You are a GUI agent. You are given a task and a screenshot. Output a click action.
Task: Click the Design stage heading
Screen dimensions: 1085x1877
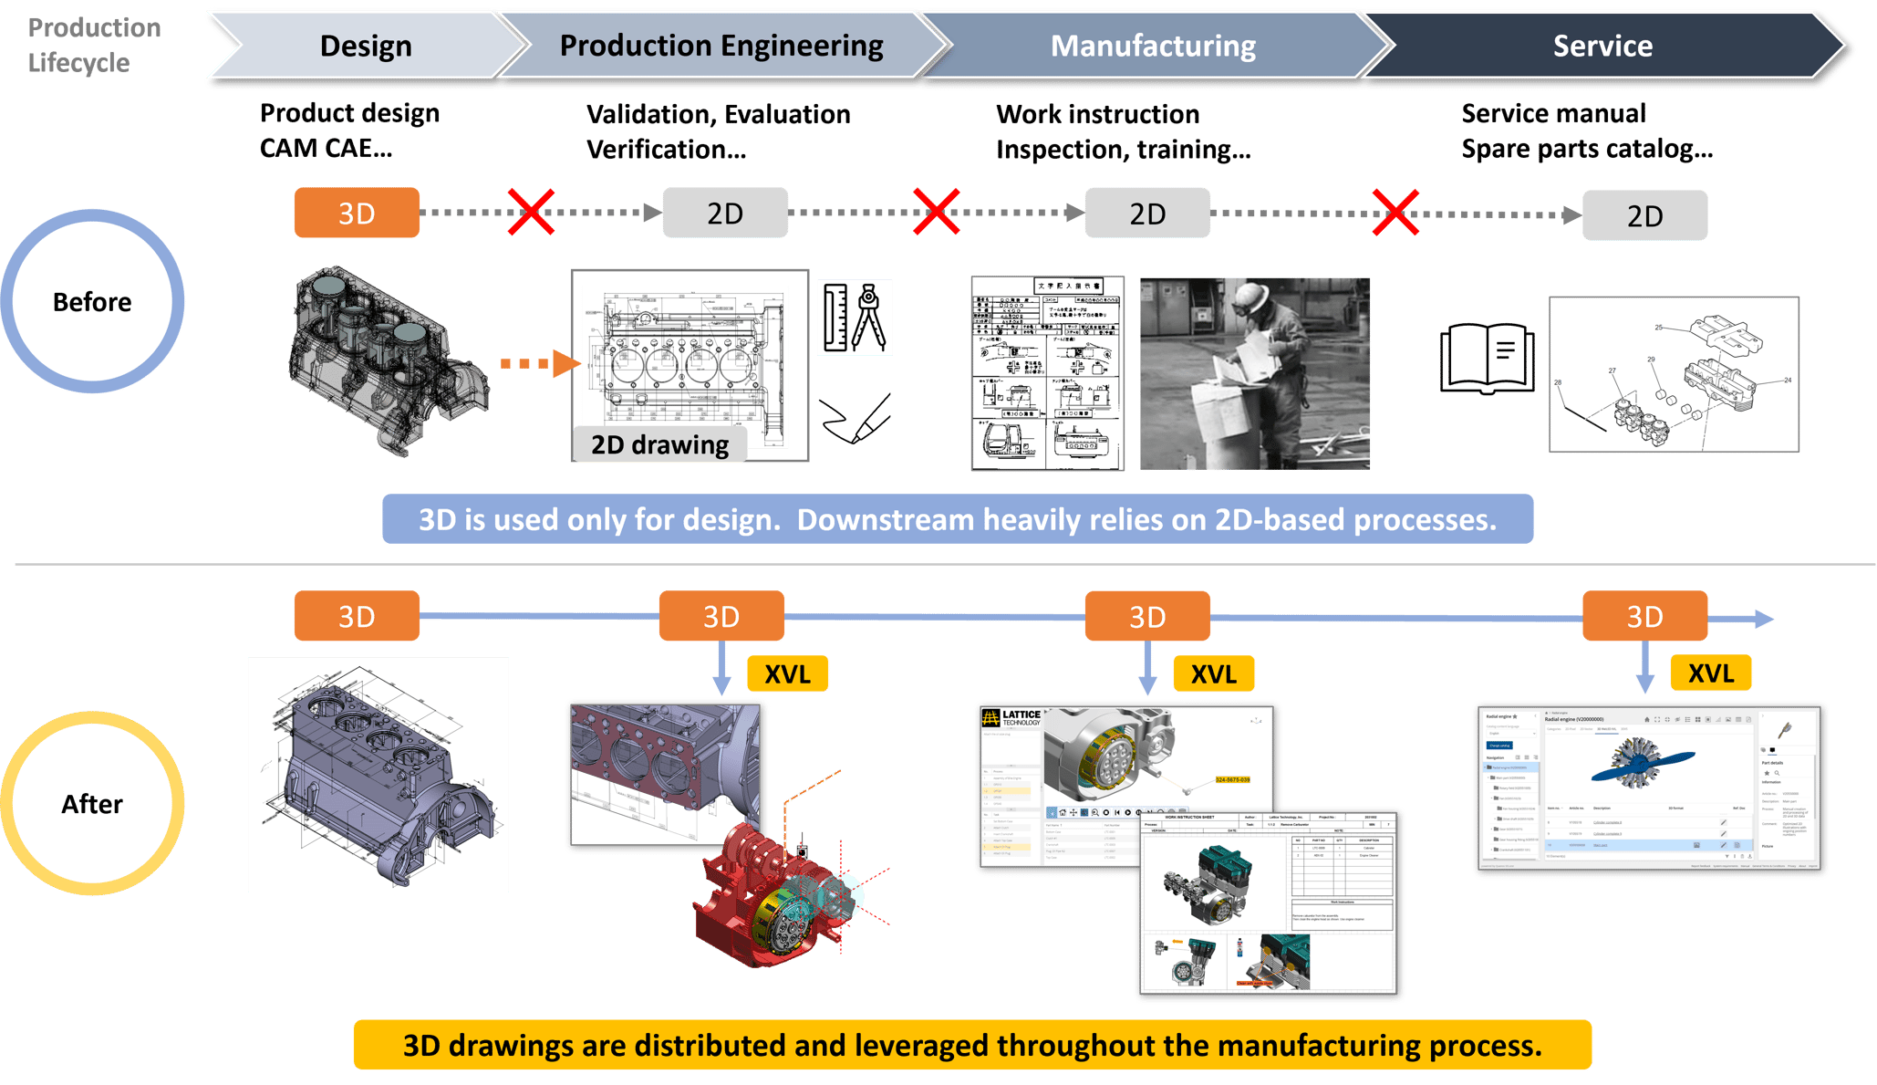[x=366, y=46]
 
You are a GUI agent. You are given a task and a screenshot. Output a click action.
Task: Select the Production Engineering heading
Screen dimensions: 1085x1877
[x=721, y=46]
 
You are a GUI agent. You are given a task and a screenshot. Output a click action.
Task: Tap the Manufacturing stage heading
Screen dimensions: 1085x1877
[x=1153, y=46]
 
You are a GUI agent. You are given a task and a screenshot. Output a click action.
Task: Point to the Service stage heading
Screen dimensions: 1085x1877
[x=1602, y=46]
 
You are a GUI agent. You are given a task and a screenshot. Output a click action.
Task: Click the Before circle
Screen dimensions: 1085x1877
[x=92, y=302]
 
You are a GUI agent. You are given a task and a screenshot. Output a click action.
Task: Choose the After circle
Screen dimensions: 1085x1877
[x=92, y=804]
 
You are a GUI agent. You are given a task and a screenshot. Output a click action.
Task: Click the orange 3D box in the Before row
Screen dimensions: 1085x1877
[x=357, y=214]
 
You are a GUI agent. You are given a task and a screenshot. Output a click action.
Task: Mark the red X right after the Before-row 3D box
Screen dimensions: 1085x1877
[x=531, y=213]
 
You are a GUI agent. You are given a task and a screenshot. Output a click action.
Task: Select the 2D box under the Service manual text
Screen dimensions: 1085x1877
[x=1644, y=216]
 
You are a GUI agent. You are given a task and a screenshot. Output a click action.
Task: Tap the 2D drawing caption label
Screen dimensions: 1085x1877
[x=659, y=444]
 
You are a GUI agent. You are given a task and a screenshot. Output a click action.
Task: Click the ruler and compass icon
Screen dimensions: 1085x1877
[x=855, y=318]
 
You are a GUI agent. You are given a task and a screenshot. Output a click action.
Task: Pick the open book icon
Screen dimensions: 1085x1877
[x=1487, y=358]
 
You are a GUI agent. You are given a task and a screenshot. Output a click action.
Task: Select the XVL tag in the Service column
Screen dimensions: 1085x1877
[x=1710, y=673]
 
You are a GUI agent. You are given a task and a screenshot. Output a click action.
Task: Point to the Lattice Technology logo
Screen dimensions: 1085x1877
[x=1012, y=718]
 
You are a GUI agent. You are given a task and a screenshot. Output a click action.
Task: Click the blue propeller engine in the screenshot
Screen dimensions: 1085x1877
[x=1641, y=765]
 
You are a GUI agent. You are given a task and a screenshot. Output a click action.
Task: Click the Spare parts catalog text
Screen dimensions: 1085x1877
[x=1586, y=149]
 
